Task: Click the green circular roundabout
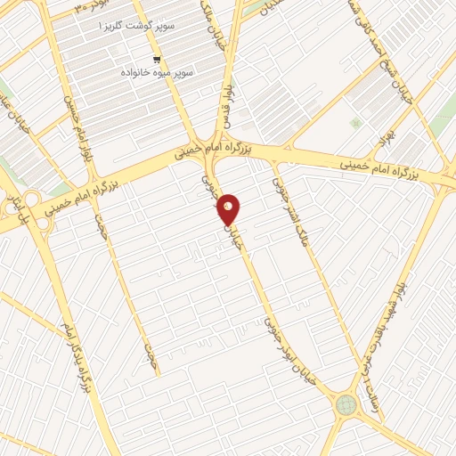344,406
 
